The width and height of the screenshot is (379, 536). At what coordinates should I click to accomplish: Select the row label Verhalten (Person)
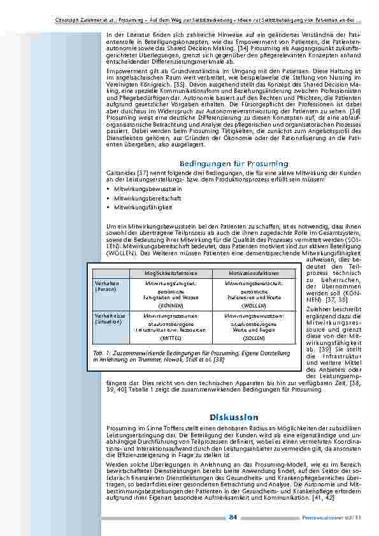point(106,286)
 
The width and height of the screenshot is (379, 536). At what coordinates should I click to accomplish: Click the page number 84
point(233,519)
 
